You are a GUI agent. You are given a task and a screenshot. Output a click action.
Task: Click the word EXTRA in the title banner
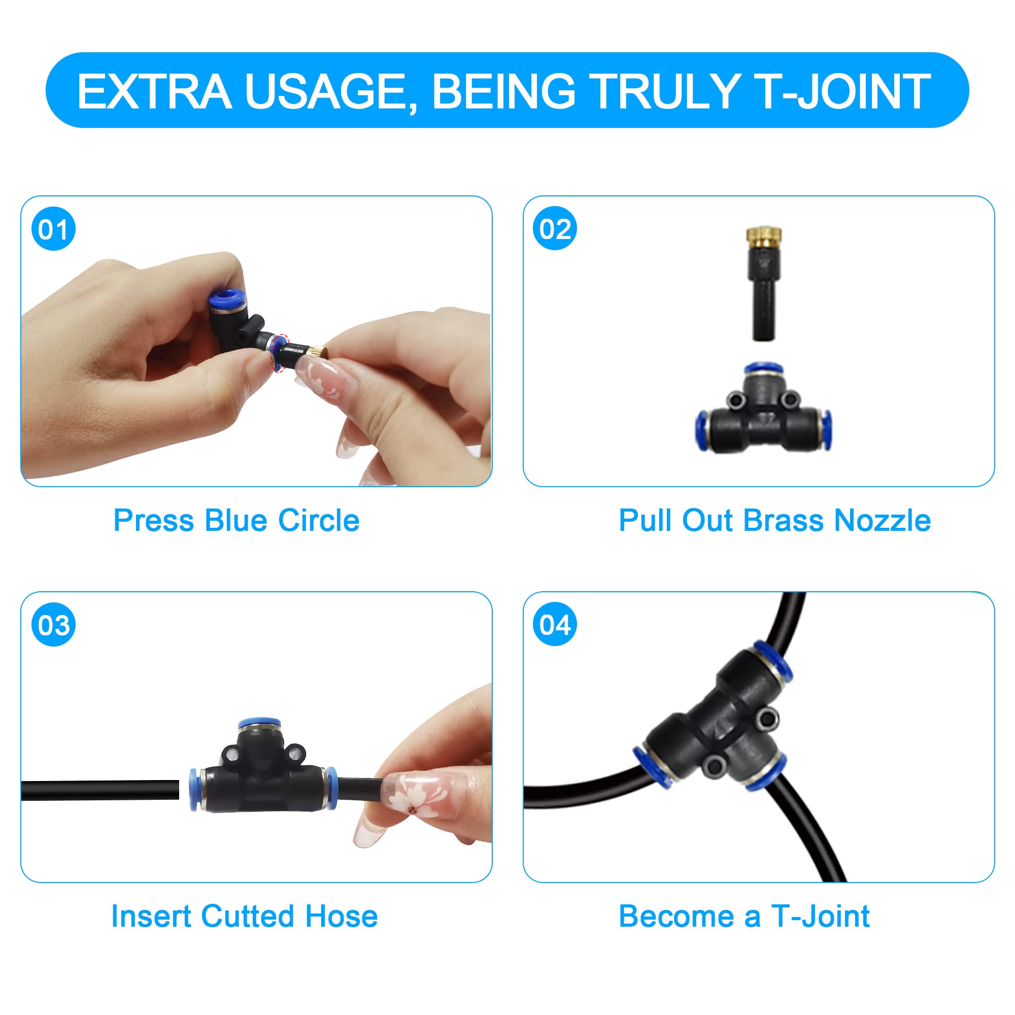[154, 91]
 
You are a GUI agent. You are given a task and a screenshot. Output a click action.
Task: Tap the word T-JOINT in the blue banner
[845, 91]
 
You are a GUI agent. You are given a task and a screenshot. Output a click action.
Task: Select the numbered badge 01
[54, 229]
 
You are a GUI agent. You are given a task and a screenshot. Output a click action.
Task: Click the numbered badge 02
[555, 229]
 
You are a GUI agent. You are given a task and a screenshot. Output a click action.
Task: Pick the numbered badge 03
[54, 625]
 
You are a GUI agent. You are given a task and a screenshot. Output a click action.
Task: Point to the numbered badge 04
[555, 625]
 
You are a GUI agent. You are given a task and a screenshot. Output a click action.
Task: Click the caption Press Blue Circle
[236, 521]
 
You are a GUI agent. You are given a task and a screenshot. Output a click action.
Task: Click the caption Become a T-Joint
[744, 916]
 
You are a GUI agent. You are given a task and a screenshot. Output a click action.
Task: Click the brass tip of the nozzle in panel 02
[764, 239]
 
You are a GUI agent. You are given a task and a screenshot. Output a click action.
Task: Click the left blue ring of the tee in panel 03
[194, 790]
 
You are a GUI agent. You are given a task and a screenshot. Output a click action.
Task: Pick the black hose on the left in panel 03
[100, 790]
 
